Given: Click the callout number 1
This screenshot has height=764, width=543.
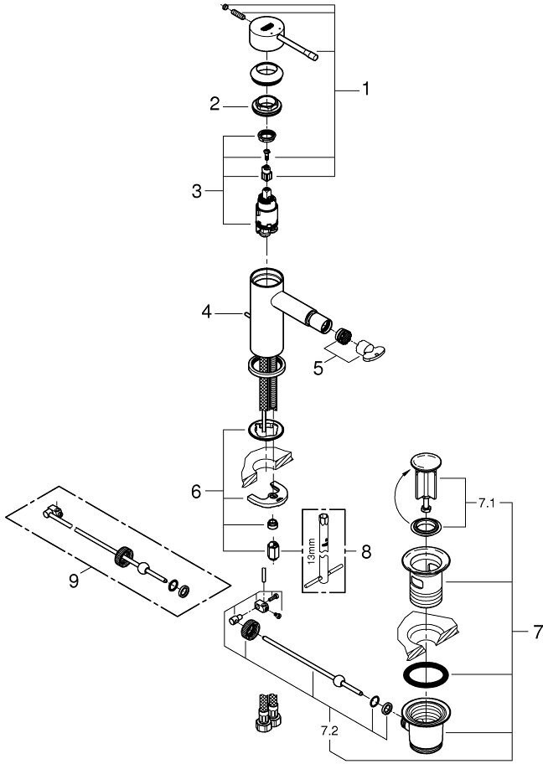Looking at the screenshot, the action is pos(365,89).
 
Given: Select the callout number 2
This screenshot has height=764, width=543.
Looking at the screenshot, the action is pos(215,104).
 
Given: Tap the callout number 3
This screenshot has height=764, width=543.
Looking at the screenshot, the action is pos(196,191).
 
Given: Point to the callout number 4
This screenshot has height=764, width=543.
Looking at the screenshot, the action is pos(207,312).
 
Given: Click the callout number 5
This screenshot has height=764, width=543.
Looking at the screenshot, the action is pos(318,369).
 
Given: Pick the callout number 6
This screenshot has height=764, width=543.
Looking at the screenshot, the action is pos(196,492).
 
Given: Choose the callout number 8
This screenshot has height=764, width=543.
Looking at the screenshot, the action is pos(366,551).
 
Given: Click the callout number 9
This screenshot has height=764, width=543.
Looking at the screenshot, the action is pos(74,581).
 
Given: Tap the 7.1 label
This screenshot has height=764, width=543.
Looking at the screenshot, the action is pos(486,503).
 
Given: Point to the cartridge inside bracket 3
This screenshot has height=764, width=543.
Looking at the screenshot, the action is pos(266,213).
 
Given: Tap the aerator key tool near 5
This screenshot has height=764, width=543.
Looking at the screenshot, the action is pos(370,350).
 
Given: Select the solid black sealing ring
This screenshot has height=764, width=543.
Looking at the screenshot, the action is pos(426,675).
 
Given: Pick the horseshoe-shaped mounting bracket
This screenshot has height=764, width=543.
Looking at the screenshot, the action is pos(268,494).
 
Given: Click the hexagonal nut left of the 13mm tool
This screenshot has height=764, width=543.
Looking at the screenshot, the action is pos(272,551).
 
